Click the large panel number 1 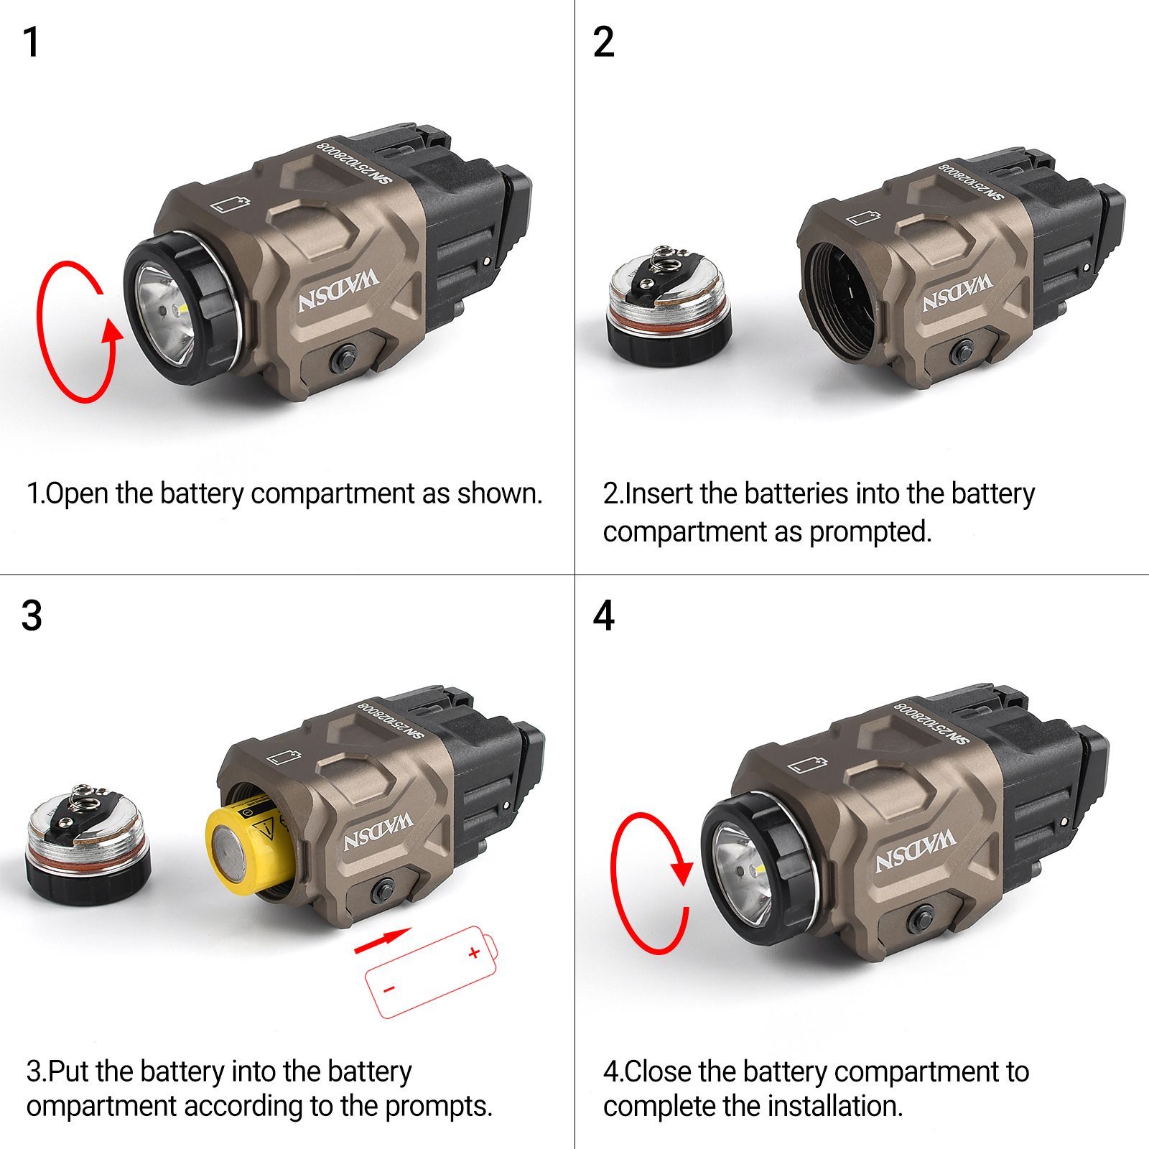[x=31, y=42]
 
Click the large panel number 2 [x=604, y=42]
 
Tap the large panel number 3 [x=32, y=615]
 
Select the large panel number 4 [x=604, y=615]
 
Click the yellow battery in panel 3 [x=248, y=849]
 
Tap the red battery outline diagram [x=431, y=972]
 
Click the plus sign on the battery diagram [x=474, y=953]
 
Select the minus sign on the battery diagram [x=389, y=990]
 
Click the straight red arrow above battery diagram [x=383, y=941]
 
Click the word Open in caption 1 [x=78, y=495]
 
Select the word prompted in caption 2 [x=870, y=533]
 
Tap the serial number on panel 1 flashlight [x=355, y=162]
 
